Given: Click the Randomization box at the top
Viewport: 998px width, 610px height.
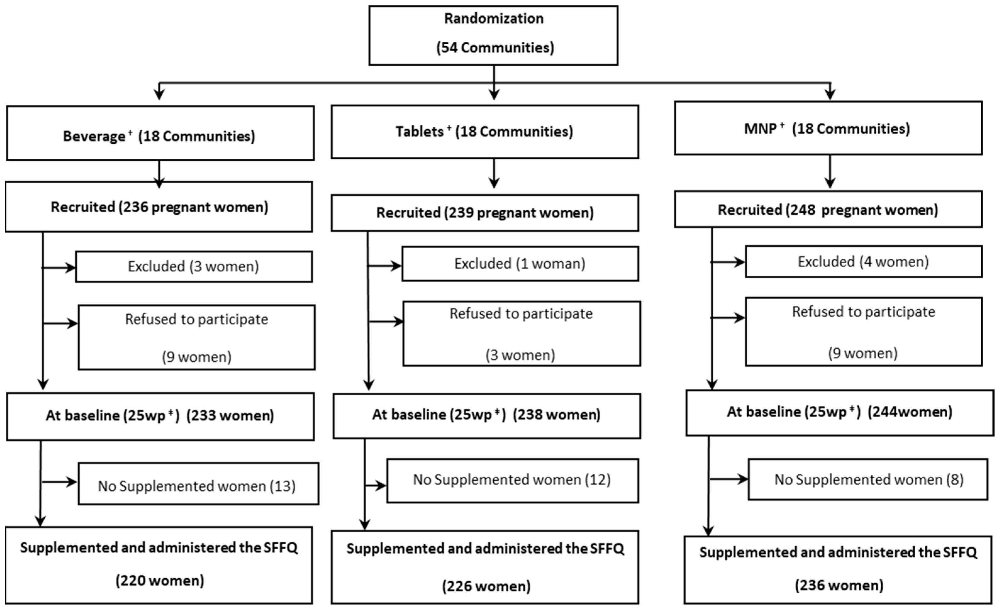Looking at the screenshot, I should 493,35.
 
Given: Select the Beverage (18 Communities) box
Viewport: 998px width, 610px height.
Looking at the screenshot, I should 160,134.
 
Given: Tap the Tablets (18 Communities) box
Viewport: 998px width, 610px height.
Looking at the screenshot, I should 485,132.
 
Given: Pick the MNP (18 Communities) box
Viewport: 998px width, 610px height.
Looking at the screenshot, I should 828,128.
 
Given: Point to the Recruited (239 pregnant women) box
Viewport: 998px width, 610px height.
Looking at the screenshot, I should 485,213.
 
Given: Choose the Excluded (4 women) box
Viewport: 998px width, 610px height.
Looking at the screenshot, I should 863,262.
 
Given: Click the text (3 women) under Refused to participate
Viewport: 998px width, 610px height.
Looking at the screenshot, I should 520,355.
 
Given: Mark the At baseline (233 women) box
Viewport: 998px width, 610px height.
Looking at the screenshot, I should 160,416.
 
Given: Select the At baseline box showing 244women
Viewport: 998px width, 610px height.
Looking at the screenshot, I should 839,412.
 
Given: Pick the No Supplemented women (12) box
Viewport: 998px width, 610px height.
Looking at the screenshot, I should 513,481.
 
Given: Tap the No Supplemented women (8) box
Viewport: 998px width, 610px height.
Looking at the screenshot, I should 868,480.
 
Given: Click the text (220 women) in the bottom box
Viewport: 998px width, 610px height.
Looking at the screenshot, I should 160,581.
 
